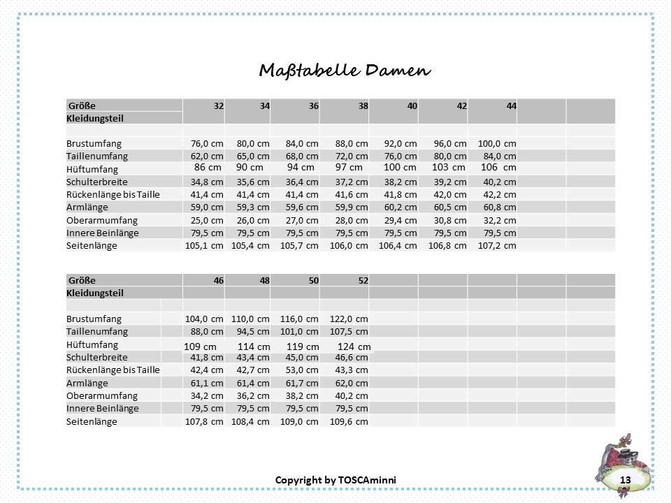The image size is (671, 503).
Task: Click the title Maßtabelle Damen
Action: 345,71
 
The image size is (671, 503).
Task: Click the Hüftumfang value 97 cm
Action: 348,168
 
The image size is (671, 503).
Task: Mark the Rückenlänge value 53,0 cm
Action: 301,370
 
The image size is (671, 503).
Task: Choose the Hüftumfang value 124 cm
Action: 354,347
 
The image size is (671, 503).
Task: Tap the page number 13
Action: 625,479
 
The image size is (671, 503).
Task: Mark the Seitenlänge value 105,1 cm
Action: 203,245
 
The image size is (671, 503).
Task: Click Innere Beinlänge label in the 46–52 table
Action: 102,408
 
